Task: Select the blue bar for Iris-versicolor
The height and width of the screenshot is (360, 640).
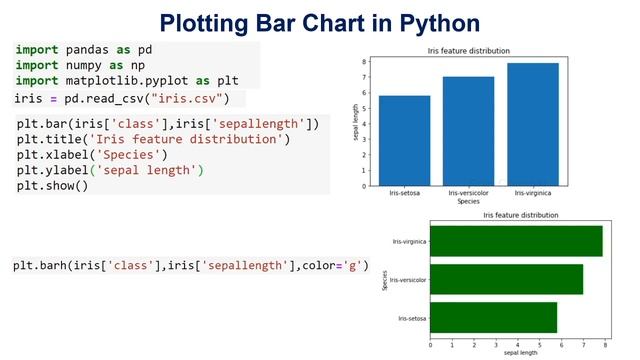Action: click(x=468, y=130)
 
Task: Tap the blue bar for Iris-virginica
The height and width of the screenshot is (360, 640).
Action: click(x=532, y=124)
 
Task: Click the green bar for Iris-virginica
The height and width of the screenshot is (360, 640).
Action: click(x=516, y=241)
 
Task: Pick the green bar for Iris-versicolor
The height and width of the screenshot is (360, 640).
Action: click(x=506, y=280)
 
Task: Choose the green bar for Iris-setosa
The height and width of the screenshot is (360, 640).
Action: click(x=493, y=318)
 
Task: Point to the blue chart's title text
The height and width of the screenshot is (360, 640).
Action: click(x=468, y=51)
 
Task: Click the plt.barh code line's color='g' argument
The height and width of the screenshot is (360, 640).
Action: click(x=336, y=266)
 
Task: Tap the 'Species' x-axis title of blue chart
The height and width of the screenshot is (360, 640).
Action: click(x=468, y=202)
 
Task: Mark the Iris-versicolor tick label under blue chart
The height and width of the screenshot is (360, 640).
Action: click(x=468, y=193)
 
